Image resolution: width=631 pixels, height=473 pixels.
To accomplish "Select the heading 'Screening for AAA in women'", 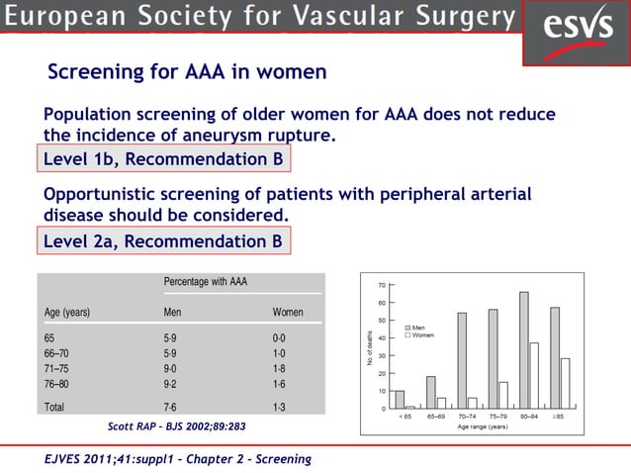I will point(187,73).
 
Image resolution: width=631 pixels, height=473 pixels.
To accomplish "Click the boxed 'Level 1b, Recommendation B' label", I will point(164,159).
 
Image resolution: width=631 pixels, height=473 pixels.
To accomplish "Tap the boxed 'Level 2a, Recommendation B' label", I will point(164,240).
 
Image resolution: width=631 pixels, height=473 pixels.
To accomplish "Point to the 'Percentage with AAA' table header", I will point(206,282).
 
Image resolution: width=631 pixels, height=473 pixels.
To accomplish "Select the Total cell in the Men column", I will point(171,406).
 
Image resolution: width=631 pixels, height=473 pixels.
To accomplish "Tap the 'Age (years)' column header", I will point(67,312).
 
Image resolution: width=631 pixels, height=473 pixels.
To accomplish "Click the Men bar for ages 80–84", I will point(523,350).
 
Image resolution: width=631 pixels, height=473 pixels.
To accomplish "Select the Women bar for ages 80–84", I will point(533,376).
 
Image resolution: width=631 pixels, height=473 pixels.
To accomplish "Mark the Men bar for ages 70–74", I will point(462,360).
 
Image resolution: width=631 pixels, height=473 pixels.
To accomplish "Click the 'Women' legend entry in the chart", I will point(421,335).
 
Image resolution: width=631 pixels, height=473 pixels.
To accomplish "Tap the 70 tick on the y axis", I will point(382,285).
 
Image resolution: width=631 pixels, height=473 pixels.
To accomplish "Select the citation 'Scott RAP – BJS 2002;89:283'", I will point(176,426).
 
